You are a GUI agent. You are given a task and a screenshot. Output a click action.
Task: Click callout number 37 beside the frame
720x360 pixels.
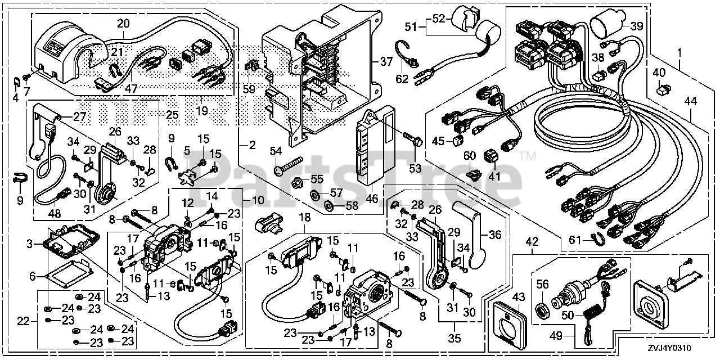pyautogui.click(x=386, y=61)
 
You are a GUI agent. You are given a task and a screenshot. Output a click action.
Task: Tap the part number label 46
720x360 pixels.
pyautogui.click(x=372, y=199)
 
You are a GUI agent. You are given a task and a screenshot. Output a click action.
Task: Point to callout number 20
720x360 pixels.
pyautogui.click(x=123, y=23)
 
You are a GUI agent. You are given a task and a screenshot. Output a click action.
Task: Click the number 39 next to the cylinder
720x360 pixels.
pyautogui.click(x=637, y=26)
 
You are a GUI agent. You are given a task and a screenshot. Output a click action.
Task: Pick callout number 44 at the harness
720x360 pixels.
pyautogui.click(x=690, y=102)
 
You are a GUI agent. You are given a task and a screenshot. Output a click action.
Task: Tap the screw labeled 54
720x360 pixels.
pyautogui.click(x=289, y=165)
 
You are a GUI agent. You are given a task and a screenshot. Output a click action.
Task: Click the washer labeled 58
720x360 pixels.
pyautogui.click(x=328, y=205)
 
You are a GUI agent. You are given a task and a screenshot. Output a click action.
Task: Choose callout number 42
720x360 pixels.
pyautogui.click(x=532, y=242)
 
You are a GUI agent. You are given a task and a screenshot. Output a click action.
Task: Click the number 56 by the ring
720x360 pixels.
pyautogui.click(x=542, y=284)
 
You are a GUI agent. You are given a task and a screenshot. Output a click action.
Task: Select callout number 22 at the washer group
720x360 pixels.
pyautogui.click(x=23, y=321)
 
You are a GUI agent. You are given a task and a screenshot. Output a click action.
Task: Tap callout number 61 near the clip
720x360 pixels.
pyautogui.click(x=575, y=240)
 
